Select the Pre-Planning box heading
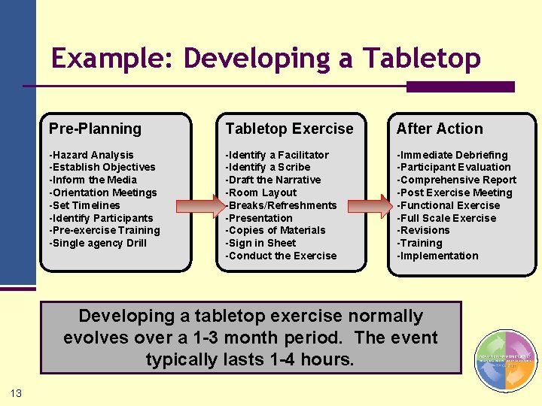click(x=95, y=129)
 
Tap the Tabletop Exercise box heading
click(x=289, y=129)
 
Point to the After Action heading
click(x=440, y=129)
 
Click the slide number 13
click(x=17, y=393)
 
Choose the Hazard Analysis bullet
click(x=91, y=155)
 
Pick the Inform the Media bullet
click(x=93, y=180)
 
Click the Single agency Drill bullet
click(x=98, y=243)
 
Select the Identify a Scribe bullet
click(x=268, y=167)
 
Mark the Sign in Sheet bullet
click(x=261, y=243)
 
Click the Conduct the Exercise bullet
click(x=282, y=256)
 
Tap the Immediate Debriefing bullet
click(x=452, y=155)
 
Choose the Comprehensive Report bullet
click(x=457, y=180)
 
